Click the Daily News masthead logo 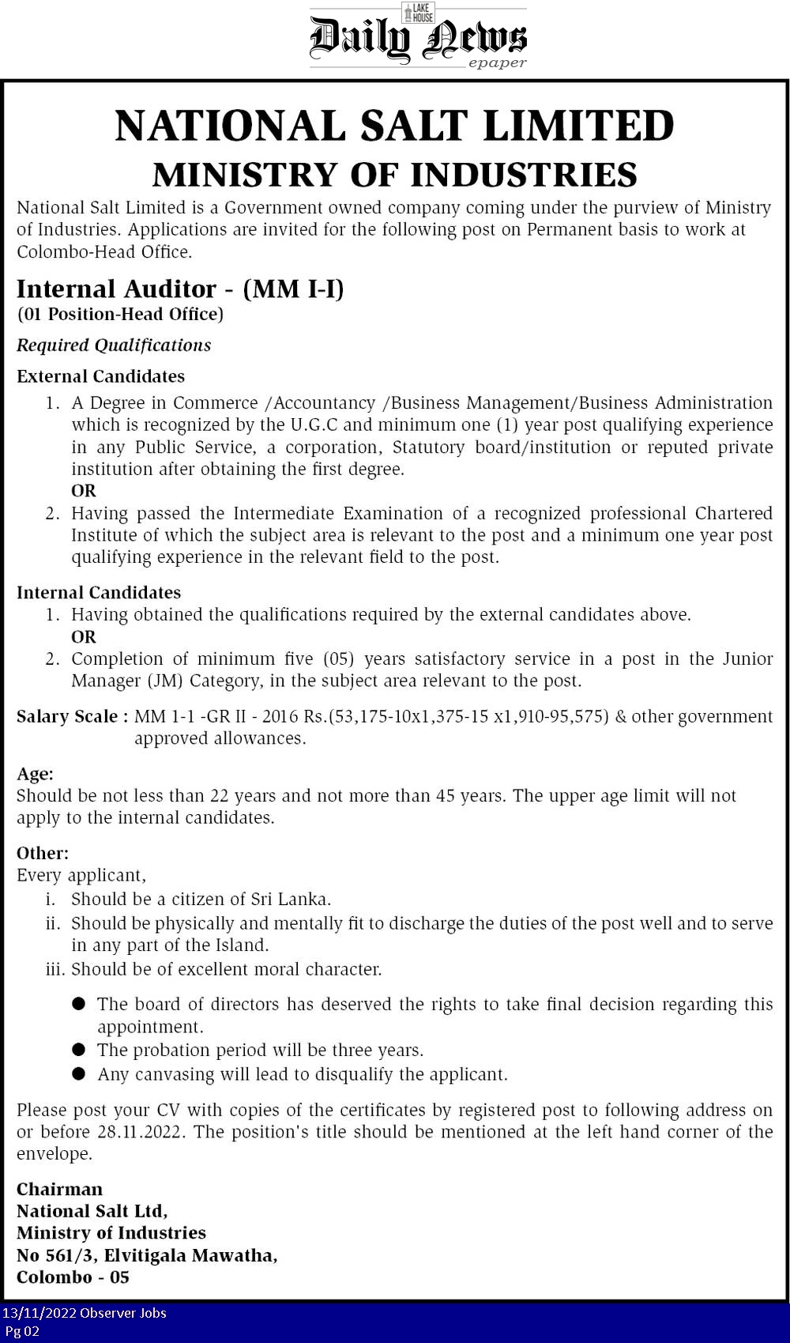click(417, 39)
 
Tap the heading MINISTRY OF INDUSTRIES click(394, 175)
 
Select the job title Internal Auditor click(116, 289)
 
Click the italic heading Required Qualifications click(114, 345)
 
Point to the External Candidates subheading click(100, 376)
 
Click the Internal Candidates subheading click(99, 593)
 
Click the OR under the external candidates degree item click(84, 491)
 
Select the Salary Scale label click(72, 717)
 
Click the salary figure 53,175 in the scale click(359, 717)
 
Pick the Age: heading click(35, 774)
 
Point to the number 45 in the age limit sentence click(445, 796)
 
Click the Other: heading click(43, 854)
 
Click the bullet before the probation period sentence click(78, 1050)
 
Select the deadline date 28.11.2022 click(141, 1132)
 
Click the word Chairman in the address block click(59, 1190)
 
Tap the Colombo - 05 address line click(73, 1277)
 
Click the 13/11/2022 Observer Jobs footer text click(85, 1313)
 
